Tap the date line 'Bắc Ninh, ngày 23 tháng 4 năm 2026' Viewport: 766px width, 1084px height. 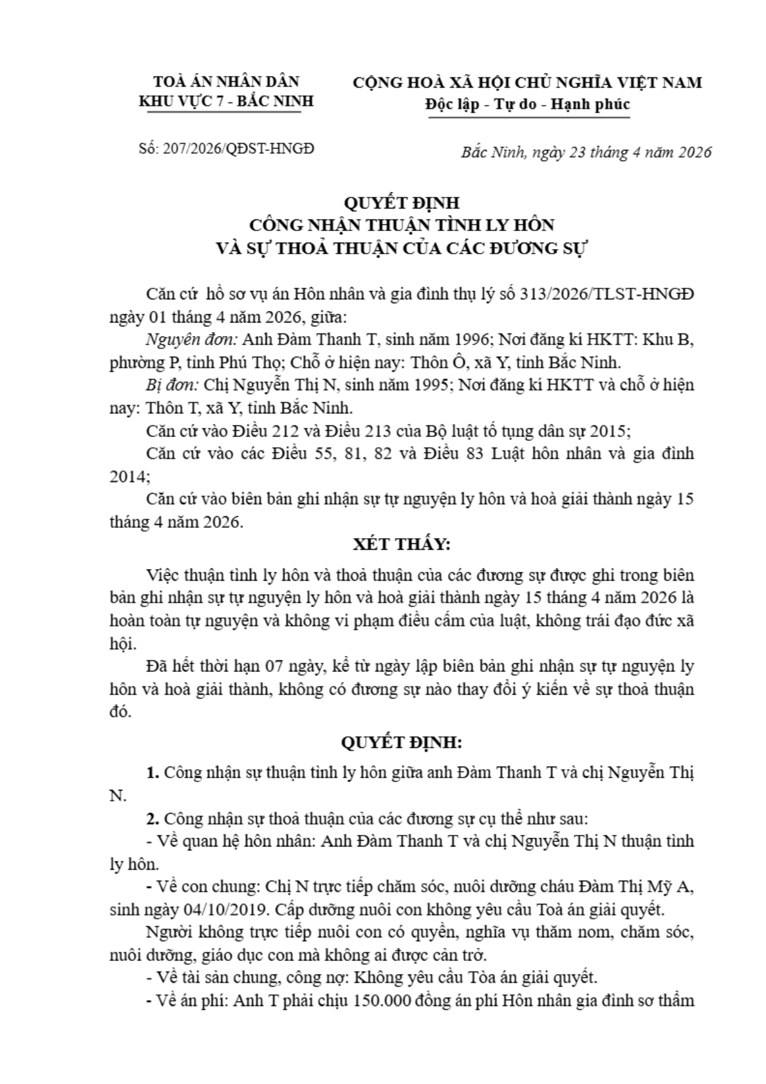586,152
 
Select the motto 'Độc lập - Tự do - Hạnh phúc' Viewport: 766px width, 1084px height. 527,104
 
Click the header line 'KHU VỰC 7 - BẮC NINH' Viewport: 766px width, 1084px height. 227,102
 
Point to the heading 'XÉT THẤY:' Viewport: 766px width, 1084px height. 402,544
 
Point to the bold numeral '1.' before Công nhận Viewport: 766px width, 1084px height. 153,772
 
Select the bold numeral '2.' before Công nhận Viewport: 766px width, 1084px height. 153,819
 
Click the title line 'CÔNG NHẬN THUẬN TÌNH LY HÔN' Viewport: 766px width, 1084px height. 402,225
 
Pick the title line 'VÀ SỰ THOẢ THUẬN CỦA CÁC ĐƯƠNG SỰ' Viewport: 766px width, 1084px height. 402,248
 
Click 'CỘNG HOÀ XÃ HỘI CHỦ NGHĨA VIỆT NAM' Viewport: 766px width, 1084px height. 527,82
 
